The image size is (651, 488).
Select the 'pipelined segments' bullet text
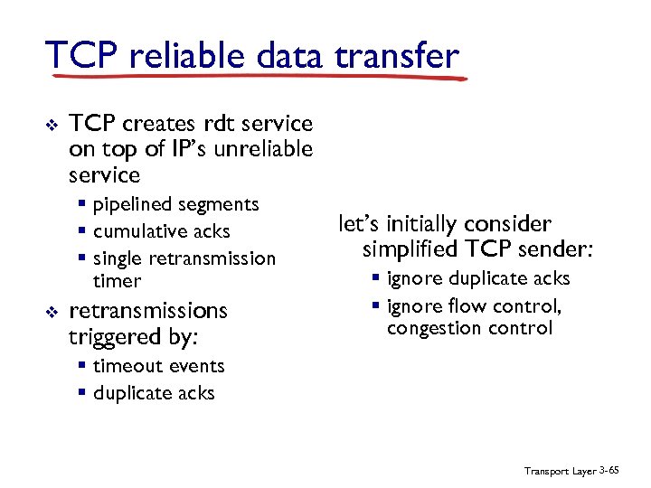click(175, 204)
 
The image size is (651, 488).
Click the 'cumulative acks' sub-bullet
click(161, 231)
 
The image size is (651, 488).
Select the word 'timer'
click(117, 281)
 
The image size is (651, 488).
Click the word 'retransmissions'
click(148, 311)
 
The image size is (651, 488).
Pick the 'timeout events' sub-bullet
click(158, 366)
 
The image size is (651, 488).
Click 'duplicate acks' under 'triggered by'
click(154, 393)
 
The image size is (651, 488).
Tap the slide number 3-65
click(610, 472)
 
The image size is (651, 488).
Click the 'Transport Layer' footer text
click(560, 473)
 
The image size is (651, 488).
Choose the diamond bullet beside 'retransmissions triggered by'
click(51, 312)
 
